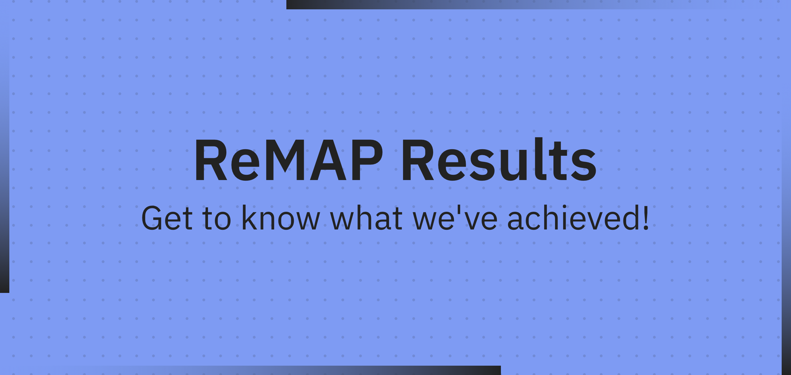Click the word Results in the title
500,159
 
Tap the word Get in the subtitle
167,218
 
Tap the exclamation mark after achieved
645,218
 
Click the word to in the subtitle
217,219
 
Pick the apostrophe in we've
459,209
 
